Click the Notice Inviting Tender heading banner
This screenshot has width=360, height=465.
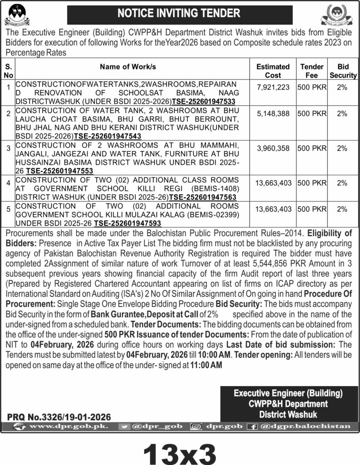(179, 14)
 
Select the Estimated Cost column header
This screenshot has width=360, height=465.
(273, 71)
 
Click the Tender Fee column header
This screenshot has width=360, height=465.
(312, 71)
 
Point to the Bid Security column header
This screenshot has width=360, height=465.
(343, 71)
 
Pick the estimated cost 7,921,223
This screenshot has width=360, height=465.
(273, 88)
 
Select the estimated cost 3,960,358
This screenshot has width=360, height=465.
(273, 148)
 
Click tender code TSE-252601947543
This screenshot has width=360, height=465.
(107, 136)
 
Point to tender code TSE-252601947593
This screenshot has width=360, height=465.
(128, 223)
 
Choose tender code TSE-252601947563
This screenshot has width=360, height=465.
(202, 197)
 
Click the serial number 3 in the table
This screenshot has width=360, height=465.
(9, 148)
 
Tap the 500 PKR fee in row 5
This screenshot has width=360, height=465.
(312, 209)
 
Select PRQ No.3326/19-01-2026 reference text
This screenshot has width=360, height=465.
(59, 416)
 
